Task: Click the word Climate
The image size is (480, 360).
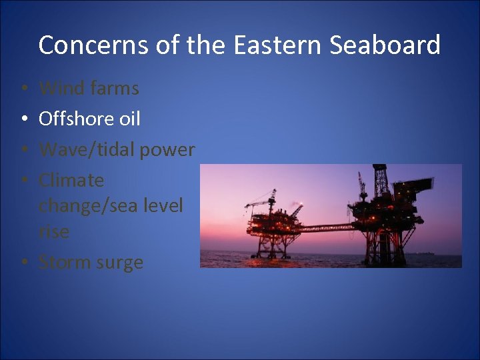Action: (x=71, y=180)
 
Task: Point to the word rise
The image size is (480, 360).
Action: (x=53, y=231)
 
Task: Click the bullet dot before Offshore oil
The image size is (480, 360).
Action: (x=23, y=119)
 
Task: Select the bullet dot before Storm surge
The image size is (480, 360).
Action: (x=23, y=263)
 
